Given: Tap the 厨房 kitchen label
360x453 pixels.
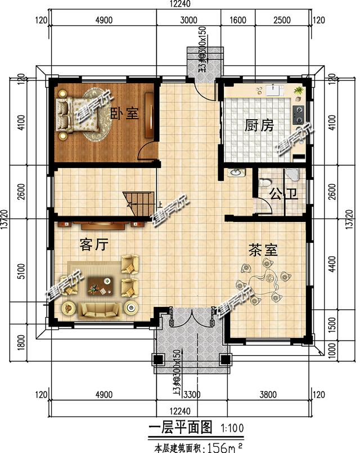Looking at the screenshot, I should pyautogui.click(x=259, y=125).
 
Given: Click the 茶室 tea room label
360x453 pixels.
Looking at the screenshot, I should pyautogui.click(x=263, y=250).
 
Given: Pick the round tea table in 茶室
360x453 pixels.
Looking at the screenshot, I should pyautogui.click(x=264, y=284).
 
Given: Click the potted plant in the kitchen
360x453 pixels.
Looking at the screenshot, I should pyautogui.click(x=299, y=90).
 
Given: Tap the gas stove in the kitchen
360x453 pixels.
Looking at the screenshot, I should pyautogui.click(x=299, y=115).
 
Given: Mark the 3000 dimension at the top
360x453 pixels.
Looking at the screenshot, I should pyautogui.click(x=188, y=21).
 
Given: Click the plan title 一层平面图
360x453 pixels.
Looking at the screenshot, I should pyautogui.click(x=179, y=428).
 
